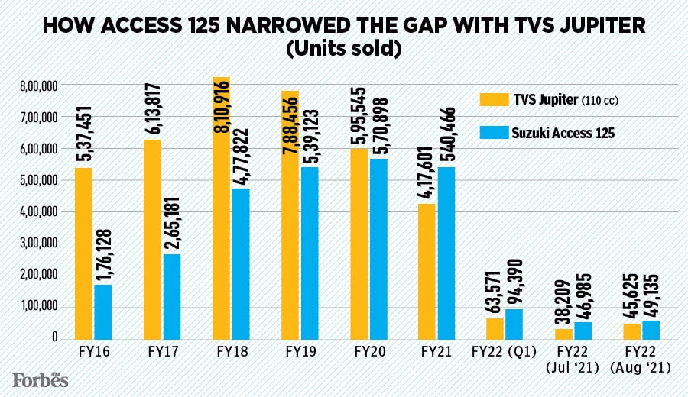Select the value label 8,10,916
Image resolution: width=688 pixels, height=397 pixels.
[221, 111]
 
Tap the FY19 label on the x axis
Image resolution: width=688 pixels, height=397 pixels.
[299, 354]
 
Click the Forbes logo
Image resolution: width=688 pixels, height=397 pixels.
[40, 379]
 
